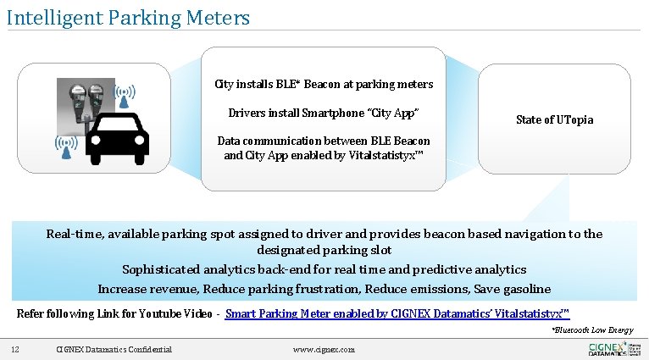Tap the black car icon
pyautogui.click(x=118, y=139)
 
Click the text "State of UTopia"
pyautogui.click(x=554, y=119)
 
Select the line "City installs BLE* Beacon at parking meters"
pyautogui.click(x=324, y=85)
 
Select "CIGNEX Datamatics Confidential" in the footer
pyautogui.click(x=114, y=349)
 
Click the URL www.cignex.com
pyautogui.click(x=324, y=349)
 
